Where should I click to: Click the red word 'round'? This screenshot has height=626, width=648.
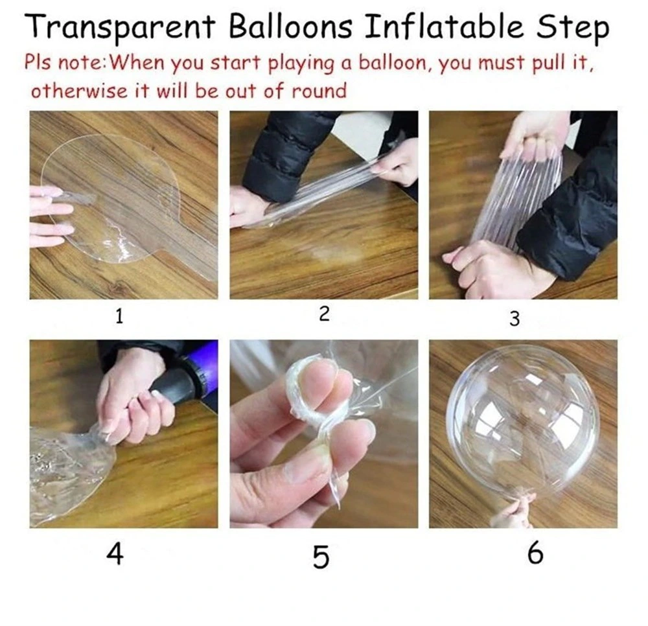pos(318,91)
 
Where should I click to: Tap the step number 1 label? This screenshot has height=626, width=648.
pos(119,318)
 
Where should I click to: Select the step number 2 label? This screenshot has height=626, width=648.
pos(325,314)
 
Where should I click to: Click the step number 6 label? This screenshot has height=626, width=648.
pos(535,555)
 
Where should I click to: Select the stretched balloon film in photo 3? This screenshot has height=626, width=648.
pos(515,201)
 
